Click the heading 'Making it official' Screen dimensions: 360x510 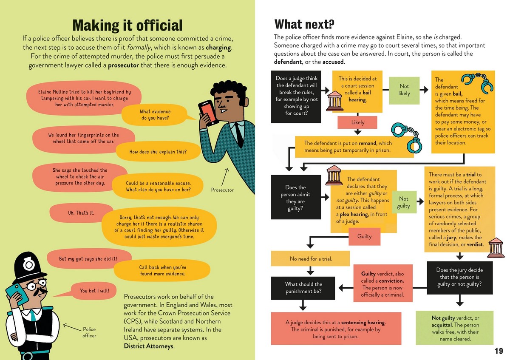coord(127,25)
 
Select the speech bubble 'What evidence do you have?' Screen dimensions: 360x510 coord(155,115)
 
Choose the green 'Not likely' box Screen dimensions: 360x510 coord(404,90)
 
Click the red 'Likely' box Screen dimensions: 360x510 coord(358,122)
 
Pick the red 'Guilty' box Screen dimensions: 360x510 coord(364,236)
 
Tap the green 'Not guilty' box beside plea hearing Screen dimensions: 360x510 coord(403,202)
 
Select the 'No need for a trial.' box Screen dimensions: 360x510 coord(311,258)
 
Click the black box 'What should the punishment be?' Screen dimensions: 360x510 coord(303,288)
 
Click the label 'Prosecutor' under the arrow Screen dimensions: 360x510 coord(222,190)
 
